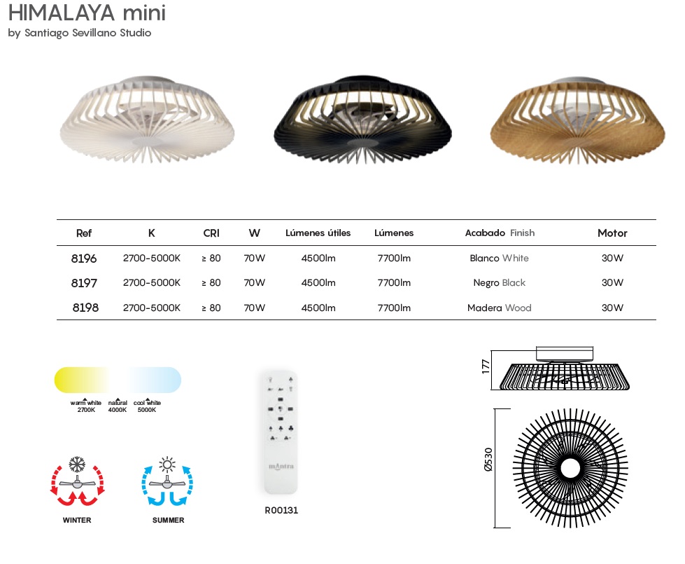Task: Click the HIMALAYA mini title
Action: coord(87,13)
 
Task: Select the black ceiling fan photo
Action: coord(362,119)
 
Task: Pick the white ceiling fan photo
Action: coord(147,119)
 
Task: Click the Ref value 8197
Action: coord(84,283)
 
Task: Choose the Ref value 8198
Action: coord(85,308)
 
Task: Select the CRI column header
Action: coord(211,233)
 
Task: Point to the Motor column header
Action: coord(612,233)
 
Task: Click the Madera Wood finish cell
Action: coord(500,308)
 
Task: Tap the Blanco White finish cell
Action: coord(500,258)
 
